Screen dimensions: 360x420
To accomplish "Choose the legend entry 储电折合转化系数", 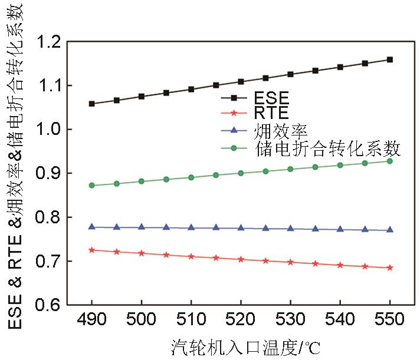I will pyautogui.click(x=327, y=148).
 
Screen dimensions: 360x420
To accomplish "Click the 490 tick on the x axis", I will pyautogui.click(x=92, y=321).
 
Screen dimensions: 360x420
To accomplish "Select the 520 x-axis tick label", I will pyautogui.click(x=241, y=321).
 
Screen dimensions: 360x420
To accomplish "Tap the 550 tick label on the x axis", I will pyautogui.click(x=390, y=321).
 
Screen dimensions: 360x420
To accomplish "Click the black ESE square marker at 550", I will pyautogui.click(x=390, y=60).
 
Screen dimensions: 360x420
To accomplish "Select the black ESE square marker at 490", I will pyautogui.click(x=92, y=104).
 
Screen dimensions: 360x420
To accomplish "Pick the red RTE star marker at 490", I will pyautogui.click(x=92, y=250).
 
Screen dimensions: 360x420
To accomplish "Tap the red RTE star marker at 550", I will pyautogui.click(x=390, y=268).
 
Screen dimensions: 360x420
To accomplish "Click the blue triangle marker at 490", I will pyautogui.click(x=92, y=227).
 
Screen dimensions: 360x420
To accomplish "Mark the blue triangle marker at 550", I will pyautogui.click(x=390, y=230).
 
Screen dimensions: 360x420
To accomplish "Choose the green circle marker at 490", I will pyautogui.click(x=92, y=185).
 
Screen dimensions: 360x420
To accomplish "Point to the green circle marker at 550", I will pyautogui.click(x=390, y=161).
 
